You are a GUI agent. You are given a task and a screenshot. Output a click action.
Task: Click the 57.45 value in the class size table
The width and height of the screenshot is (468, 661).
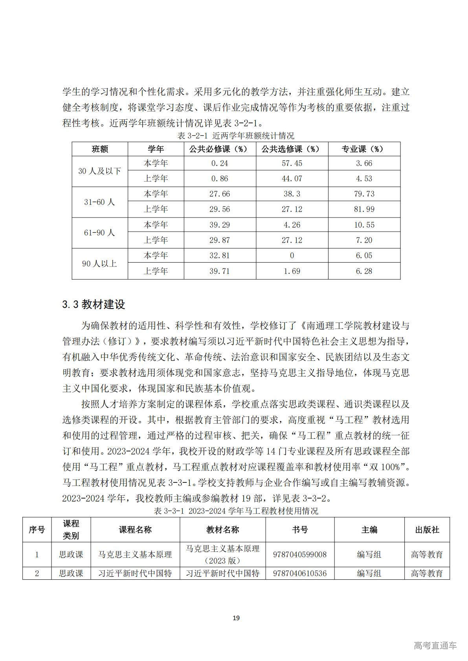292,163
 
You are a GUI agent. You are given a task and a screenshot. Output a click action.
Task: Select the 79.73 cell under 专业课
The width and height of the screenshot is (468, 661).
364,194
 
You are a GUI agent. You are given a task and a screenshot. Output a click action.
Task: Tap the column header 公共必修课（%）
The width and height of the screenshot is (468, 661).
220,149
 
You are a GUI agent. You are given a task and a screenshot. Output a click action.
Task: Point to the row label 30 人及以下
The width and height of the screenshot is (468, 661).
100,171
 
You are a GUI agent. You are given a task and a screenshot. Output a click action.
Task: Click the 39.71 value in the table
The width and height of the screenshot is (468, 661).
220,271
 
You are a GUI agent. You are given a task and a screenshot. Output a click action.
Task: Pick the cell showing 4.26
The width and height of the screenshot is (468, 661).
292,225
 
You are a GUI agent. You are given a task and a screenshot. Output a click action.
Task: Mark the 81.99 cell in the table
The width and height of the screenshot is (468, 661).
364,209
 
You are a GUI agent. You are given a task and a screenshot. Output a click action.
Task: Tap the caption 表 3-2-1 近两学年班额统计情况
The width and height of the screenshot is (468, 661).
236,136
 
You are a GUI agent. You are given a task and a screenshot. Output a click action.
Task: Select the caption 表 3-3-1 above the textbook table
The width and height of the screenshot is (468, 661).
236,511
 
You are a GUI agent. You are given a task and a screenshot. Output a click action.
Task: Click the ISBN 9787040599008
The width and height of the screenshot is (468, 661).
300,555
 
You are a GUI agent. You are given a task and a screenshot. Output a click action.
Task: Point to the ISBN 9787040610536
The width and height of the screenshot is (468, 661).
300,573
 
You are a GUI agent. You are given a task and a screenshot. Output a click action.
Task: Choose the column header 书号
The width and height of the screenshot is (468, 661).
300,530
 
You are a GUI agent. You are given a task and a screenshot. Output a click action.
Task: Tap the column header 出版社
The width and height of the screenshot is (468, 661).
427,530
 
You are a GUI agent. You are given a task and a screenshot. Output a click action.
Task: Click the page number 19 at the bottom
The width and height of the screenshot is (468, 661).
236,618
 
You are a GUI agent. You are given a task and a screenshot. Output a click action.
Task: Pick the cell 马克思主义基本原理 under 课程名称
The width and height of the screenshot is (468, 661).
135,555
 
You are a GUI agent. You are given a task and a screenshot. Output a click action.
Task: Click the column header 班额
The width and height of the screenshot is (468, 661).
100,149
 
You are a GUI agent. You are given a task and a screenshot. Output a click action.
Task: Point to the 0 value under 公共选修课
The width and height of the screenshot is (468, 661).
292,256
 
